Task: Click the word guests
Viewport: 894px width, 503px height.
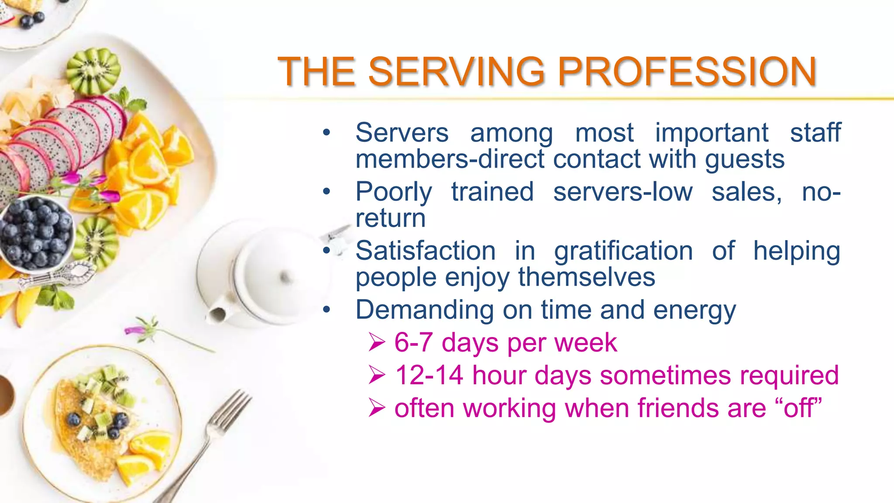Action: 745,159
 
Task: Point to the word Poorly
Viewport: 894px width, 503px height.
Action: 394,192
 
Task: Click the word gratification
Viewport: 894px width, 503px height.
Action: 623,251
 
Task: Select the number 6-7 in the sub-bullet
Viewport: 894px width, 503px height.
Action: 413,342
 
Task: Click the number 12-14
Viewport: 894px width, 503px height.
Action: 429,375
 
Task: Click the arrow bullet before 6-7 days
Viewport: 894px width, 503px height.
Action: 377,342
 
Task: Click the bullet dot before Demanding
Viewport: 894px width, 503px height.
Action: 327,310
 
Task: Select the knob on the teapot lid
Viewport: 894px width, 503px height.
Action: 285,277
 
